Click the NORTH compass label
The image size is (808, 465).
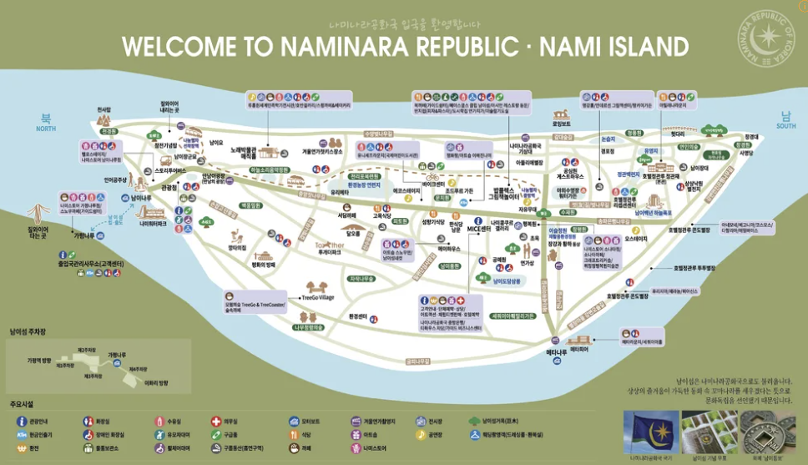tap(46, 129)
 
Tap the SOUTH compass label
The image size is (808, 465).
tap(785, 126)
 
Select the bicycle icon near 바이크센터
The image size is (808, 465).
tap(432, 177)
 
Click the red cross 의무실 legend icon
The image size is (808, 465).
tap(215, 422)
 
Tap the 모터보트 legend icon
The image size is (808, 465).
tap(293, 422)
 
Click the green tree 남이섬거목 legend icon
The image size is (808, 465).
tap(474, 422)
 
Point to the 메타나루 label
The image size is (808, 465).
tap(557, 353)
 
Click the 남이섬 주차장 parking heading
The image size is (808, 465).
tap(31, 331)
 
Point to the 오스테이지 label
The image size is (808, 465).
tap(636, 238)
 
